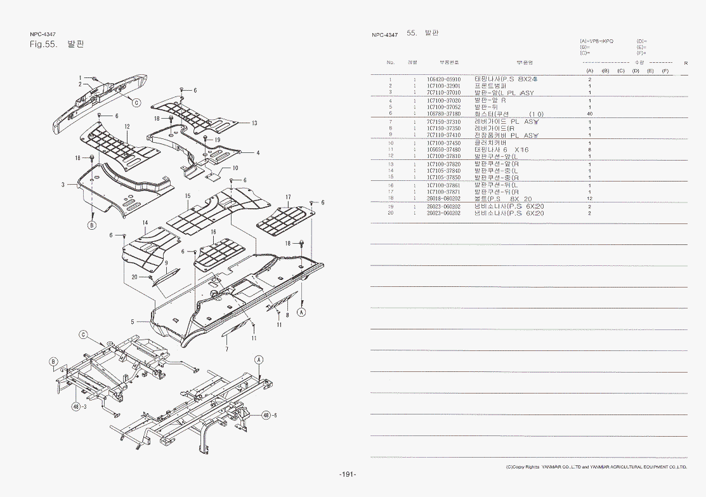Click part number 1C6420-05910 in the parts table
coord(443,79)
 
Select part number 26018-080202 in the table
coord(443,199)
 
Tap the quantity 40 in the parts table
coord(589,114)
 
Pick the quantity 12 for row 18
coord(589,199)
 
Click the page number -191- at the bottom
coord(348,474)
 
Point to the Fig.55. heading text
coord(44,44)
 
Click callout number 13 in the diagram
coord(254,123)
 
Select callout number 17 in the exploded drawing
coord(287,197)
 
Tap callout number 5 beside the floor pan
coord(133,322)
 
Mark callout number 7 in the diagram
coord(226,349)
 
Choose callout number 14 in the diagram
coord(145,223)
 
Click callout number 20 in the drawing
coord(134,277)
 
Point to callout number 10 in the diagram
coord(235,168)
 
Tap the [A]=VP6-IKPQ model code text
coord(596,41)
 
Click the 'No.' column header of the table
coord(391,62)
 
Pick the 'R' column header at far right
coord(686,63)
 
